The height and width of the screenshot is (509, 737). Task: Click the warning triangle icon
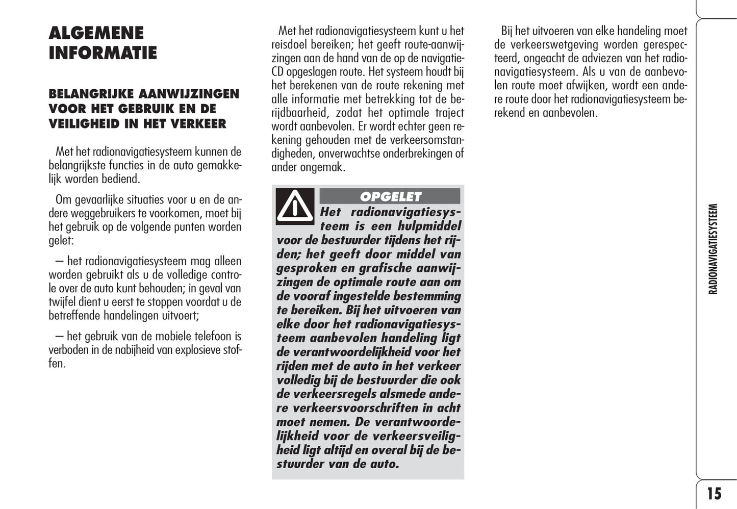click(x=295, y=206)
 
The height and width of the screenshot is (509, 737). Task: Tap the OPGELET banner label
click(x=390, y=196)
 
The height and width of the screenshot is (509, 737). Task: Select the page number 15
click(x=714, y=493)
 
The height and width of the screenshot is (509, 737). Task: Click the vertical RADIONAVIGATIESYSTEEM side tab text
click(x=713, y=249)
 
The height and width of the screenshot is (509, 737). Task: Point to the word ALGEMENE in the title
click(x=96, y=33)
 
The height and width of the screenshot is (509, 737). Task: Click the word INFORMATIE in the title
click(x=103, y=53)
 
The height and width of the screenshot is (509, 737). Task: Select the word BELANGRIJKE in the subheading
click(x=90, y=94)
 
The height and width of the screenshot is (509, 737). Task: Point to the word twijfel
click(x=61, y=302)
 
